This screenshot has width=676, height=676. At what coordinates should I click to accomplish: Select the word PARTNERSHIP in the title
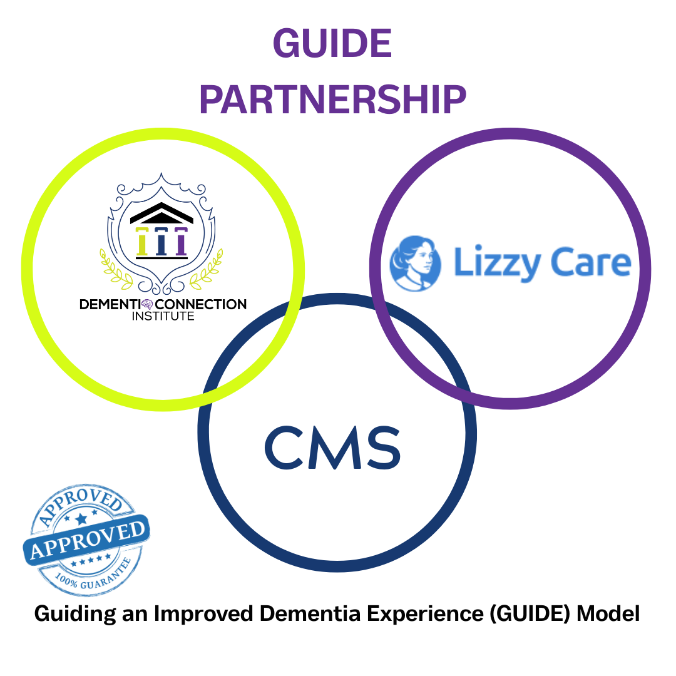[x=332, y=99]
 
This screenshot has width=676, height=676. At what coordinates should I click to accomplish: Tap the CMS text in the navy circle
[x=332, y=448]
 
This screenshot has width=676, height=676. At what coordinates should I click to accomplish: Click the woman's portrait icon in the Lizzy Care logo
[x=414, y=264]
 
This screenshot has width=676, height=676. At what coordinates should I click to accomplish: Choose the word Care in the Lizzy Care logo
[x=591, y=262]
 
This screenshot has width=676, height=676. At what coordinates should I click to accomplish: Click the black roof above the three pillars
[x=161, y=215]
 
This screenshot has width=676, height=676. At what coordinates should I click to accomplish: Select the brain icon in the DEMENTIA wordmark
[x=146, y=305]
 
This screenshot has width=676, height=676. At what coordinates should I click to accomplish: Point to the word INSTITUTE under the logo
[x=163, y=317]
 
